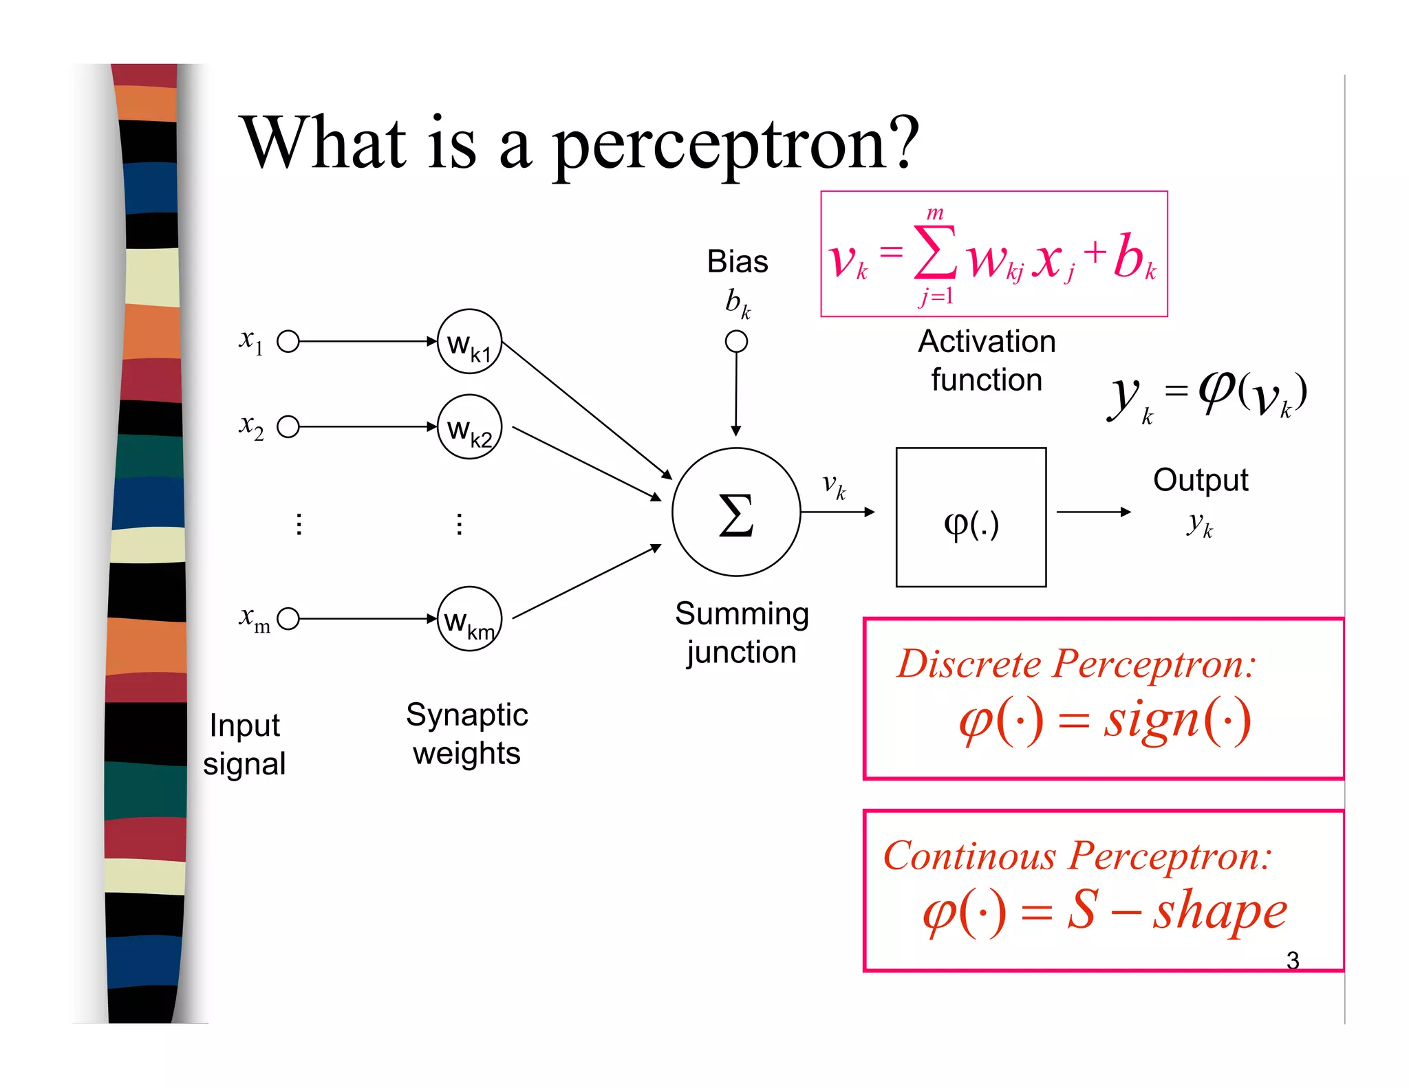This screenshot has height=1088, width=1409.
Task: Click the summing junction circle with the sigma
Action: click(735, 512)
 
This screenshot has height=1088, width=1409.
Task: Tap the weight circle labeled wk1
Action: click(469, 342)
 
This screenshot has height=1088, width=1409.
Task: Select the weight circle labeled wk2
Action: click(469, 427)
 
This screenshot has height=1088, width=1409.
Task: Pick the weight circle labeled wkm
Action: click(469, 619)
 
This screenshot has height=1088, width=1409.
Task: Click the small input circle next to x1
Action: click(288, 341)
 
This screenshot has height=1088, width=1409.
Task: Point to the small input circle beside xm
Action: click(288, 619)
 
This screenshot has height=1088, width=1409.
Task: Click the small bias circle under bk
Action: click(736, 341)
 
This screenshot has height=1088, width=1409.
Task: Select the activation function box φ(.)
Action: click(971, 517)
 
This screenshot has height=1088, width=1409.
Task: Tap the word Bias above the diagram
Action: click(738, 262)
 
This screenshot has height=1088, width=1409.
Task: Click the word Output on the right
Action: click(1201, 480)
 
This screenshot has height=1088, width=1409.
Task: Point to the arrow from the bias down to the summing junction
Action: click(736, 392)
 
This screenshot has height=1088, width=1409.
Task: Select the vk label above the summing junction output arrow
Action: click(834, 486)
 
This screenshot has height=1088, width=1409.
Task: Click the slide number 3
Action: click(1293, 960)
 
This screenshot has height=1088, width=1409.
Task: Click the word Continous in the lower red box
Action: click(970, 856)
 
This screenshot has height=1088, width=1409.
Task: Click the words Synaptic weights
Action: click(466, 734)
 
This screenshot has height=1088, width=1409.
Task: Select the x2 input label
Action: click(251, 426)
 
